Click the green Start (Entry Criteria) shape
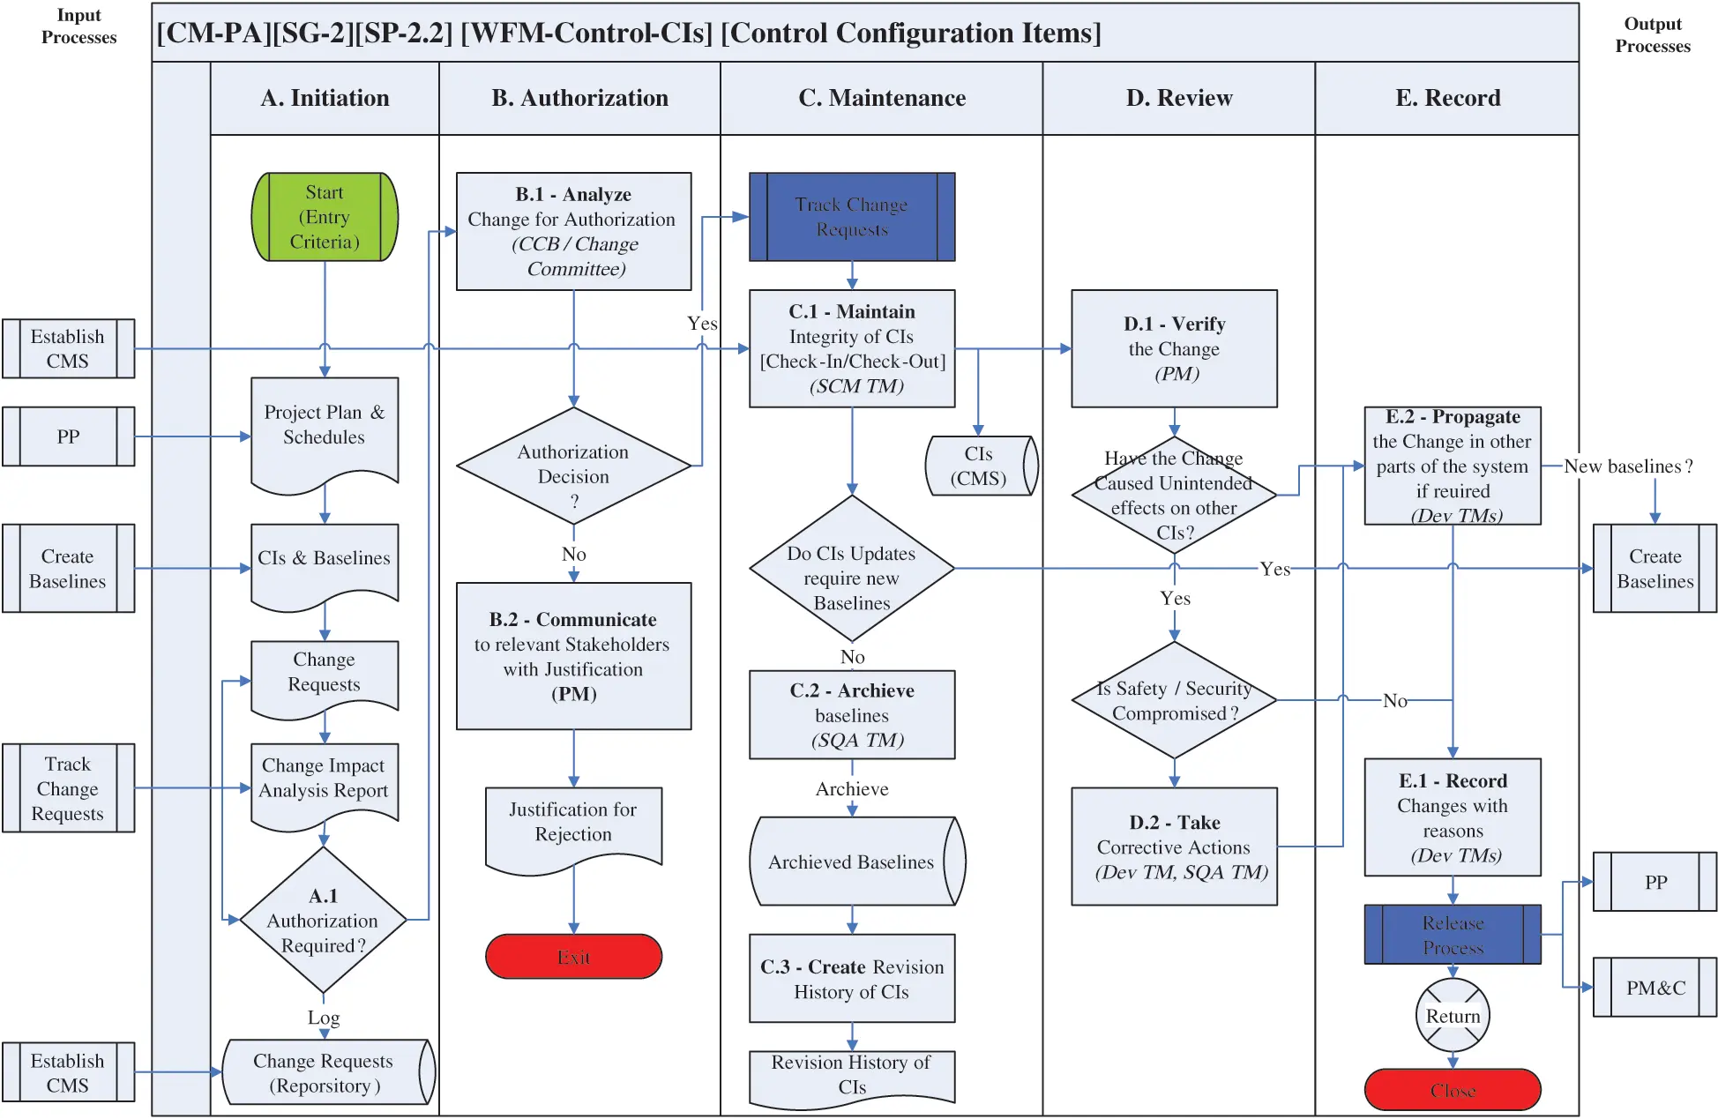click(x=325, y=217)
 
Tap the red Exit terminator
click(x=573, y=957)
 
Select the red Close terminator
click(x=1452, y=1090)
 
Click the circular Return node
click(x=1453, y=1016)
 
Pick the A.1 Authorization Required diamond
click(x=323, y=920)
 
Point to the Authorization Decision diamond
click(x=573, y=466)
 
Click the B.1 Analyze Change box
click(x=573, y=231)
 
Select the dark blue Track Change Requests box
click(x=851, y=217)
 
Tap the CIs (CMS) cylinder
click(x=979, y=466)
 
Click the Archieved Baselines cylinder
click(x=852, y=862)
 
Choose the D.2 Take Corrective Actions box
click(x=1174, y=847)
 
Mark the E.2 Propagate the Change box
click(x=1452, y=466)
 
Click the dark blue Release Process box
click(x=1452, y=935)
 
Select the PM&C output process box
click(x=1655, y=988)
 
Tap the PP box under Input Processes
click(x=68, y=436)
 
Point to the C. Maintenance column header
click(x=881, y=98)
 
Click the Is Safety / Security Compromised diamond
click(x=1174, y=700)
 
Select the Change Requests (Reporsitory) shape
click(x=325, y=1072)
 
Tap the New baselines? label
click(x=1627, y=466)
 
